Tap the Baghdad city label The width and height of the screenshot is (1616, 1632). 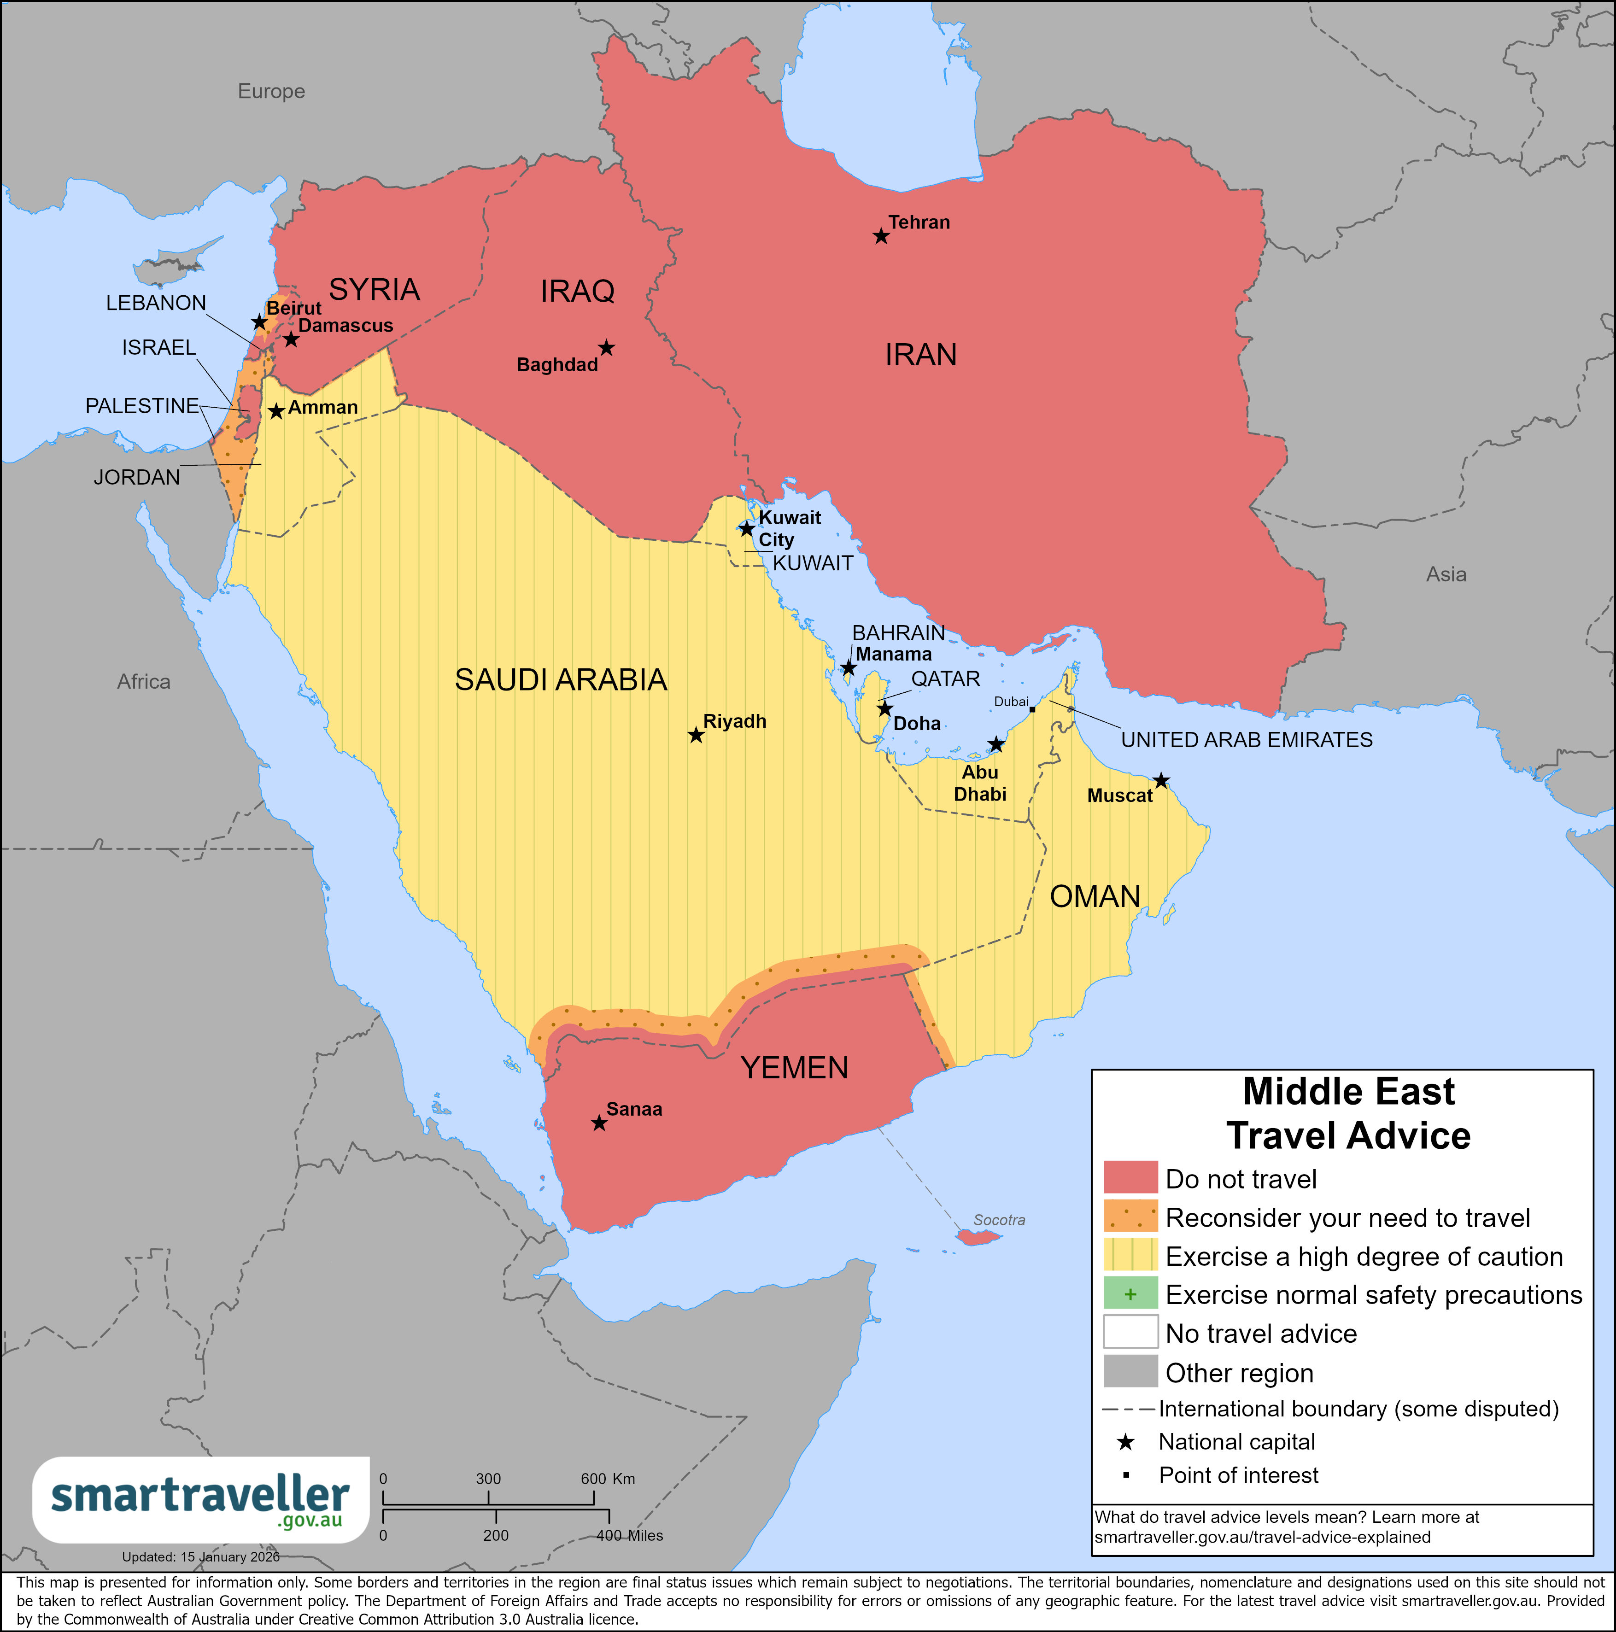tap(556, 365)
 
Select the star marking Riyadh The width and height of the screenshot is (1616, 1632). tap(695, 735)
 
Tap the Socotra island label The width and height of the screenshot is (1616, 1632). tap(999, 1220)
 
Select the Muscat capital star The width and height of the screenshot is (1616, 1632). tap(1161, 780)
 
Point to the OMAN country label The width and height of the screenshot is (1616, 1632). tap(1095, 896)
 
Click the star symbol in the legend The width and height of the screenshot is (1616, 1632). tap(1125, 1442)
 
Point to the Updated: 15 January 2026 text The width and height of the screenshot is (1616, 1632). tap(200, 1557)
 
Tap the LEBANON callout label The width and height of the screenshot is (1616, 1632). tap(155, 303)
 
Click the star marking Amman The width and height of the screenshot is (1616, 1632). tap(276, 411)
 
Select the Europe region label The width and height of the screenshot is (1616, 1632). tap(271, 91)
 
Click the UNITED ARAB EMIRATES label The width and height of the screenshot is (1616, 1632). tap(1246, 740)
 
